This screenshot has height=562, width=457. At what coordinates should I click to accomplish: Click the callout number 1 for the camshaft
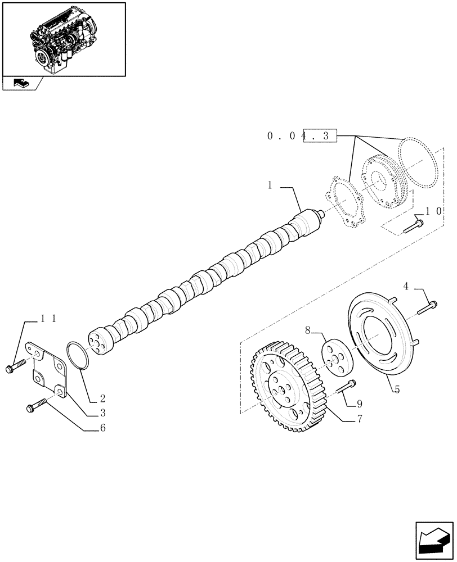[x=271, y=185]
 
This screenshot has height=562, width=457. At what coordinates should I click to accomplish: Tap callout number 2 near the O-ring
[x=102, y=399]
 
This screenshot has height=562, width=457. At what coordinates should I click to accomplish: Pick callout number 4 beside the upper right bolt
[x=405, y=287]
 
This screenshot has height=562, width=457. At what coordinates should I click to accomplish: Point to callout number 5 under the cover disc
[x=397, y=389]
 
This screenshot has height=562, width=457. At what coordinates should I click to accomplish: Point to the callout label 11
[x=48, y=319]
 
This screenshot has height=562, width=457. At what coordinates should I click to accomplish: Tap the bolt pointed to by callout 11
[x=15, y=368]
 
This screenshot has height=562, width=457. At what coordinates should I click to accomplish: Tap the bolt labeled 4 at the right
[x=428, y=306]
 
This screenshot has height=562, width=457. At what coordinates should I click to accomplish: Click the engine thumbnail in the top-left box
[x=63, y=39]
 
